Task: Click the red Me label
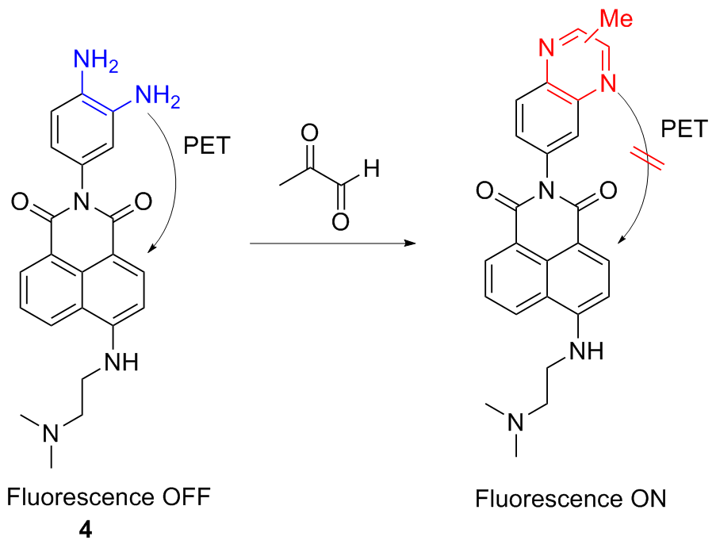tap(616, 18)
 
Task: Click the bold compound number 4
tap(86, 530)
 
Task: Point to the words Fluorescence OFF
tap(109, 497)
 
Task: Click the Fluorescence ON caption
tap(570, 499)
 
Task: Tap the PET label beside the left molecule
tap(207, 146)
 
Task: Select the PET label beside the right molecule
tap(684, 128)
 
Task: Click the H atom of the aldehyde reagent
tap(371, 168)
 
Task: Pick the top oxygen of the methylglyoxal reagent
tap(309, 133)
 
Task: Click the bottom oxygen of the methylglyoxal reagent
tap(340, 222)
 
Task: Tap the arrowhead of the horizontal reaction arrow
tap(410, 243)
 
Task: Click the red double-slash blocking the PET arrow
tap(647, 160)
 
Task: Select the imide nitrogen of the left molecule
tap(82, 201)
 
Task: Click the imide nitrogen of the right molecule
tap(546, 190)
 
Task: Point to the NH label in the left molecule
tap(121, 362)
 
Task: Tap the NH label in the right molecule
tap(586, 351)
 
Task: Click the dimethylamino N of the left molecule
tap(51, 433)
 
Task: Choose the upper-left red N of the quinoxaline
tap(546, 48)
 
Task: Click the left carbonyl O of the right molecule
tap(484, 190)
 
